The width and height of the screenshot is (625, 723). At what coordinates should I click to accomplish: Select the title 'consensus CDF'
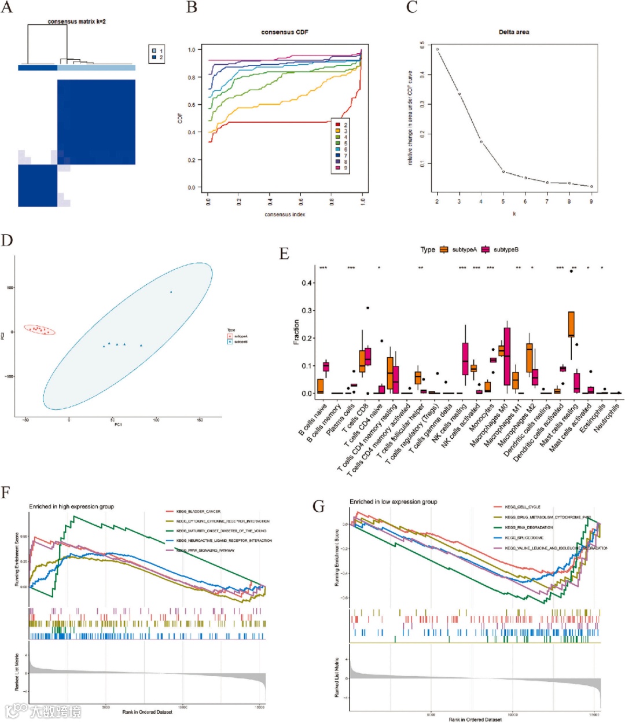(x=285, y=32)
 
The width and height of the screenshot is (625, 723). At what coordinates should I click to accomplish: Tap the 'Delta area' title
(x=513, y=32)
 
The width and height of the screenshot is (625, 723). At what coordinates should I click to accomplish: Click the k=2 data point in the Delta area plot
(x=437, y=50)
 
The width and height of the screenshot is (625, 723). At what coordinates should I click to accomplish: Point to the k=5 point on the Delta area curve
(x=503, y=171)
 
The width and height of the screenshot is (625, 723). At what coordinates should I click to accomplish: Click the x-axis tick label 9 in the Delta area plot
(x=591, y=201)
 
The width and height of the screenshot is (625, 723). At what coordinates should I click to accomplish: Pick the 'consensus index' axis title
(x=285, y=214)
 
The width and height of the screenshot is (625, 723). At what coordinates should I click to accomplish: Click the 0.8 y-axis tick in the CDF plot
(x=191, y=77)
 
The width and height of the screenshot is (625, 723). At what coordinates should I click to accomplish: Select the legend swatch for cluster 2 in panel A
(x=155, y=58)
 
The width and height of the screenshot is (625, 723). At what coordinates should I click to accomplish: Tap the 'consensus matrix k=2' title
(x=76, y=21)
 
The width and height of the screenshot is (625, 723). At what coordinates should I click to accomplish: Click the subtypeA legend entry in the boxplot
(x=458, y=249)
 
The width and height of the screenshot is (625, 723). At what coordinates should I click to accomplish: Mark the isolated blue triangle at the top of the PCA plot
(x=171, y=292)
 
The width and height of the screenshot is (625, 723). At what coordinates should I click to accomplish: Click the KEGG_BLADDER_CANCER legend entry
(x=198, y=511)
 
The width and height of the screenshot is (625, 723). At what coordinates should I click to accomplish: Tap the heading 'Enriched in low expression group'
(x=393, y=501)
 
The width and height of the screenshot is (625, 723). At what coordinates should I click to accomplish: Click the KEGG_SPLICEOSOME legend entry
(x=524, y=537)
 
